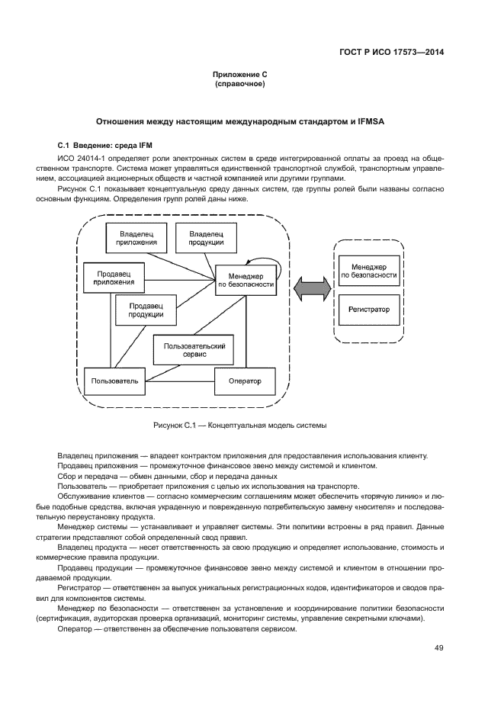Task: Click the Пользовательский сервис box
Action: pos(194,351)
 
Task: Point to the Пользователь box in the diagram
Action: pos(114,381)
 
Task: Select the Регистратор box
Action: pos(369,310)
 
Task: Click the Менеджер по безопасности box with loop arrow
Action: pos(246,279)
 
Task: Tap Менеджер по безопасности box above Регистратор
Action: pos(369,270)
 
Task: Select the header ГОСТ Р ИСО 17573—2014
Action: pos(391,53)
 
